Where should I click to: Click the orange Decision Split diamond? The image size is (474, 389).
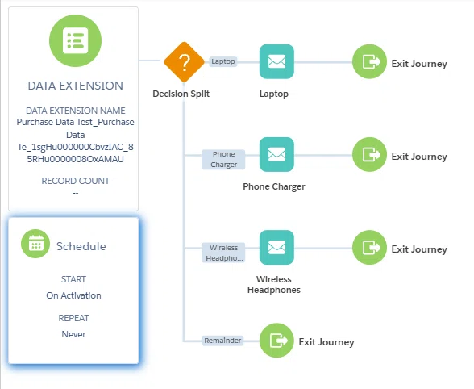[x=184, y=62]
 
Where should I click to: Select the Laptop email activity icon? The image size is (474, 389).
[x=276, y=62]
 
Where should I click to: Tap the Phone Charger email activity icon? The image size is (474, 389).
[x=276, y=155]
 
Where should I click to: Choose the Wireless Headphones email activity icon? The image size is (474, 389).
[x=276, y=248]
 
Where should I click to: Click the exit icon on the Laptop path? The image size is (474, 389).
[x=369, y=62]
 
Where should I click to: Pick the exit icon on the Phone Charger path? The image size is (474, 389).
[x=369, y=155]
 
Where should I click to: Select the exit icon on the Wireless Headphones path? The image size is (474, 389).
[x=369, y=248]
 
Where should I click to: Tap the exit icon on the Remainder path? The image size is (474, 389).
[x=276, y=341]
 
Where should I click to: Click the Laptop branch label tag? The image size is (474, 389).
[x=223, y=61]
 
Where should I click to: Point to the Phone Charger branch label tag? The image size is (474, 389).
[x=223, y=160]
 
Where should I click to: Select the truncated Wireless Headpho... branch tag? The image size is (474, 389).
[x=223, y=253]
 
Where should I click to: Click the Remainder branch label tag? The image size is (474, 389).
[x=222, y=341]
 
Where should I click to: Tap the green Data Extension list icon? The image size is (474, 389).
[x=75, y=41]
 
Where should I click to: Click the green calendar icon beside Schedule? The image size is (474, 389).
[x=35, y=244]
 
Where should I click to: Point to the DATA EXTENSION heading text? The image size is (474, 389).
[x=75, y=86]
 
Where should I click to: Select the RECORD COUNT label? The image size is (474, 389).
[x=75, y=181]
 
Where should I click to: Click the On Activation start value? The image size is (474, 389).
[x=74, y=295]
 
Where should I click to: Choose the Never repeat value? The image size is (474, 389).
[x=74, y=334]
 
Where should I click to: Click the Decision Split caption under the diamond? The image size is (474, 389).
[x=181, y=94]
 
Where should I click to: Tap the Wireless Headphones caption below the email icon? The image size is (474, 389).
[x=274, y=285]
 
